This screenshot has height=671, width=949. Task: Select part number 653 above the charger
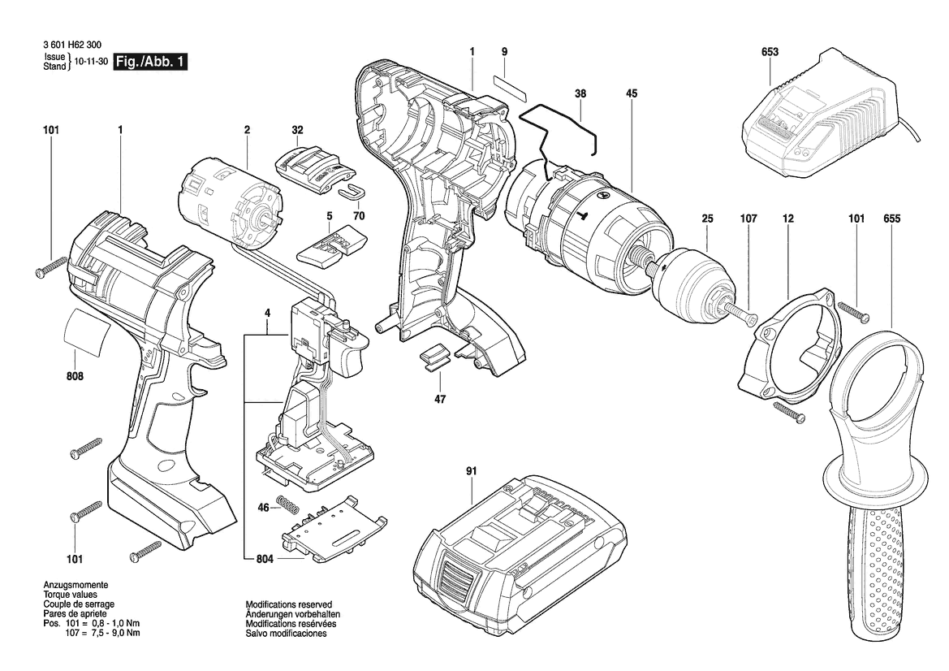coord(770,52)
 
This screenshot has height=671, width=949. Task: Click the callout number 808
coord(75,376)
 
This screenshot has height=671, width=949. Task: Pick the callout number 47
coord(440,399)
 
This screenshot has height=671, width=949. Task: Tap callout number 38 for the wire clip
coord(580,93)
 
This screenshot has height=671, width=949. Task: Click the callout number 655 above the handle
coord(892,219)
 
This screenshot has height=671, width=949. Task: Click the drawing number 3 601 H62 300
coord(72,45)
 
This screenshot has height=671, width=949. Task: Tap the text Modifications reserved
coord(289,604)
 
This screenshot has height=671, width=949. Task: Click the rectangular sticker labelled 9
coord(510,88)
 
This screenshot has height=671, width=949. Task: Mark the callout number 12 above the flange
coord(788,219)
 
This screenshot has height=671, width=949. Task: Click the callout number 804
coord(265,559)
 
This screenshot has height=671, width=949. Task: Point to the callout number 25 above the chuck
coord(708,219)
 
